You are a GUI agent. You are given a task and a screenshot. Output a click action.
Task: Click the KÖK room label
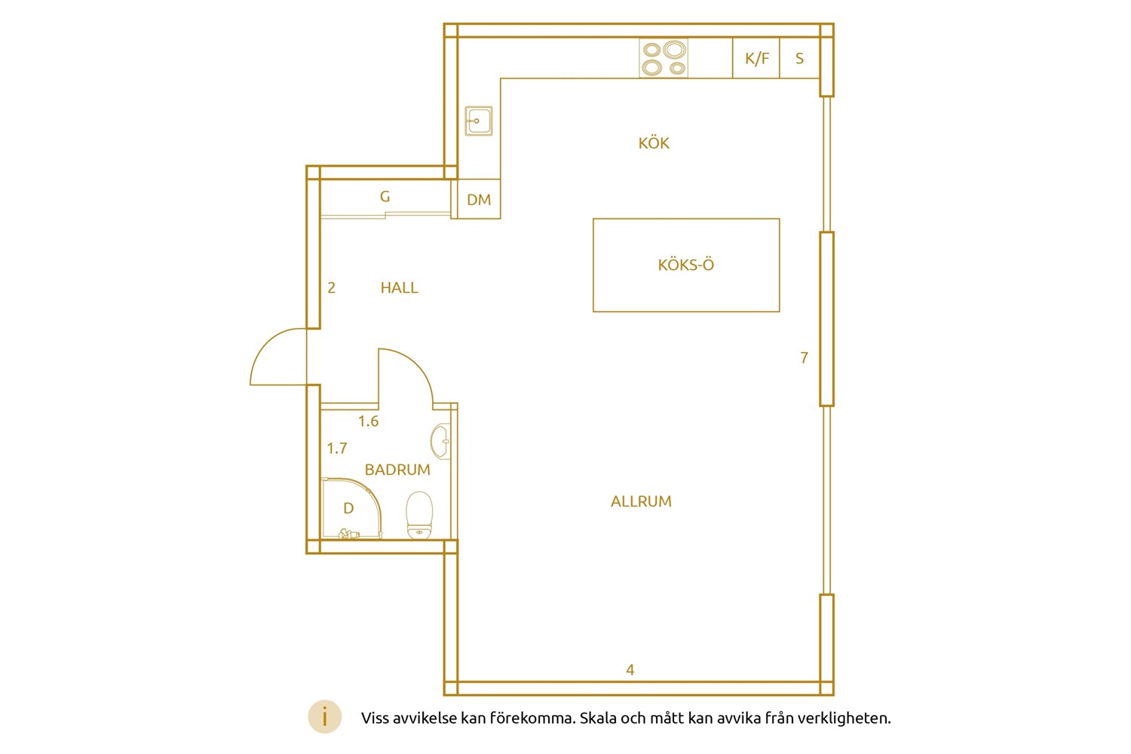pos(654,143)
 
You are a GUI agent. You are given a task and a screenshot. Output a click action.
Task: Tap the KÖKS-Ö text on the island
pos(685,264)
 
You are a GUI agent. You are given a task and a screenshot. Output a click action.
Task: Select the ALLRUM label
pos(641,501)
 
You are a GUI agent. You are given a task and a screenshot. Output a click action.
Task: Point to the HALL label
pos(399,288)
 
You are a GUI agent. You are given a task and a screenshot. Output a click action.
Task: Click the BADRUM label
pos(397,470)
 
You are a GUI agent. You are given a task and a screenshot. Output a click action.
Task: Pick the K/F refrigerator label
pos(757,59)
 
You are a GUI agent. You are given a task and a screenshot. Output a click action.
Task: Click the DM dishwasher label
pos(479,200)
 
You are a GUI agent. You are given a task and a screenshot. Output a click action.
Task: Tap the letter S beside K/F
pos(799,59)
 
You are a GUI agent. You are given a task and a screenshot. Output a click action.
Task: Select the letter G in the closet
pos(385,197)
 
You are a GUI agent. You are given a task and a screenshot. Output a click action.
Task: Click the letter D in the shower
pos(348,508)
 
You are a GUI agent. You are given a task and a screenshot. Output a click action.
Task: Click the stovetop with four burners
pos(664,59)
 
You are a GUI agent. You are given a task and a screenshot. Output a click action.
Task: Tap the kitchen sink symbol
pos(479,121)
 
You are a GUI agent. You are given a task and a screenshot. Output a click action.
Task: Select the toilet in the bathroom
pos(419,515)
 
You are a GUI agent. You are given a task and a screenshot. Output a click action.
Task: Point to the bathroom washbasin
pos(441,441)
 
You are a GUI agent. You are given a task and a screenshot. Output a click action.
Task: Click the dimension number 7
pos(805,357)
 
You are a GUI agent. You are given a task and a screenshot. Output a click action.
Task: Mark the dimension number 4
pos(630,670)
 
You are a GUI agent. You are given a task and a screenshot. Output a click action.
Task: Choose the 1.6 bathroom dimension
pos(368,421)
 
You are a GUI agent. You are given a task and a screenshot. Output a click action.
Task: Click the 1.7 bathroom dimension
pos(337,448)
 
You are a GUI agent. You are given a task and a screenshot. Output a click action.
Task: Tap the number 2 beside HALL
pos(331,288)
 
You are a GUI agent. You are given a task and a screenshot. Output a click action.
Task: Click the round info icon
pos(325,716)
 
